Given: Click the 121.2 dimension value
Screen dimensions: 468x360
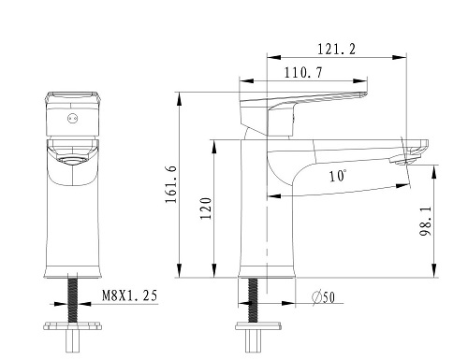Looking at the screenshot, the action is (x=336, y=50).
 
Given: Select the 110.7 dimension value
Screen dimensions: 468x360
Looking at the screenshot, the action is (x=303, y=73).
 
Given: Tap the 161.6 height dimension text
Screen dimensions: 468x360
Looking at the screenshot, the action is (x=171, y=184).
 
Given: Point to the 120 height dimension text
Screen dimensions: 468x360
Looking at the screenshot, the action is (x=206, y=209).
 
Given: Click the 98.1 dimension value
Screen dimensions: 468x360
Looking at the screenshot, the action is (x=426, y=221).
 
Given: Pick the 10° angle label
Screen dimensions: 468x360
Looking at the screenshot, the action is (x=338, y=176).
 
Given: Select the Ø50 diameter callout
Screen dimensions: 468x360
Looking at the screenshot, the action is (x=324, y=297).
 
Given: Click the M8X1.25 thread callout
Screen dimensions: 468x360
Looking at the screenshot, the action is (x=130, y=295).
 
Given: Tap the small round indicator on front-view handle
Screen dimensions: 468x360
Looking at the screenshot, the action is (x=73, y=119).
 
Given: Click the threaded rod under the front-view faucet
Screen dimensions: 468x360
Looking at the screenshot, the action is (x=73, y=301).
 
